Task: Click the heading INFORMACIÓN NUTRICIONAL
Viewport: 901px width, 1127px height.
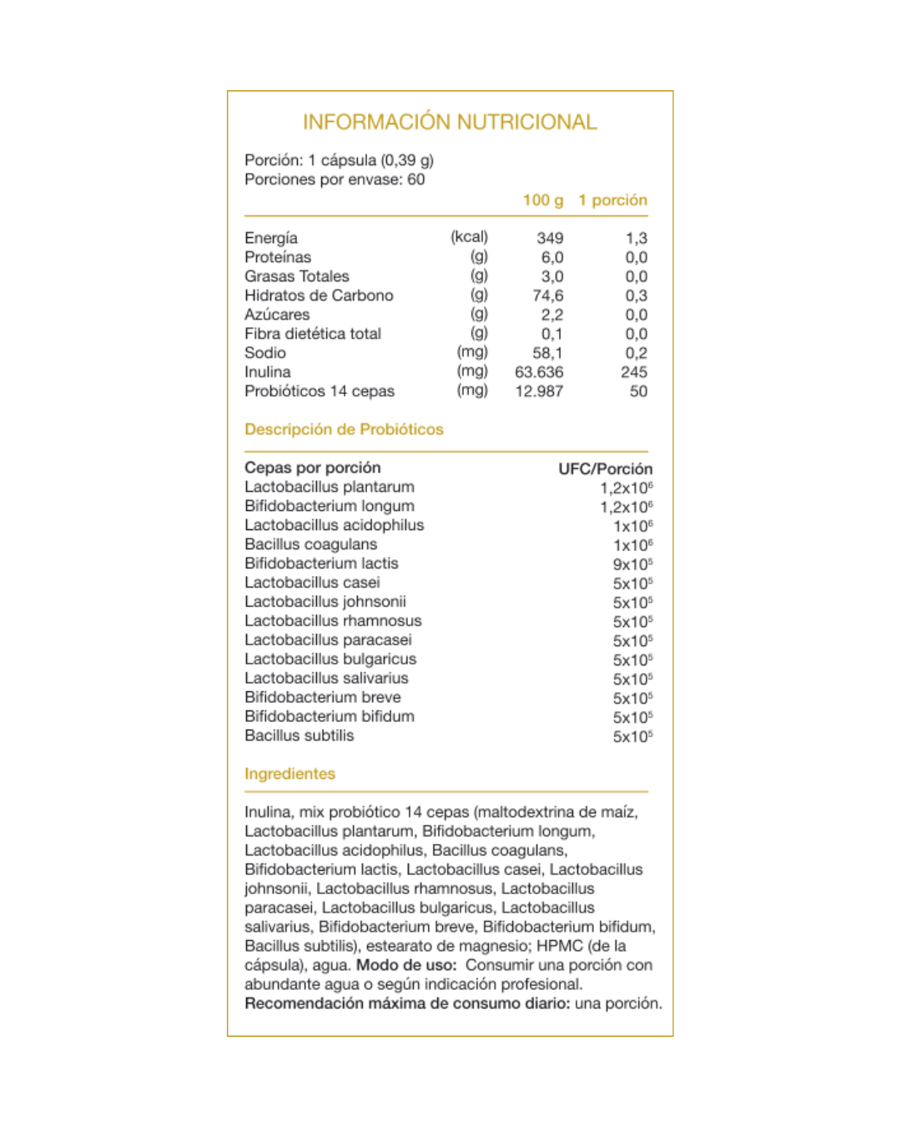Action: pos(450,123)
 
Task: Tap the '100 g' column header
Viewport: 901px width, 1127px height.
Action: pos(542,200)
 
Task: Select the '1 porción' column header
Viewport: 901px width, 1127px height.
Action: pos(612,200)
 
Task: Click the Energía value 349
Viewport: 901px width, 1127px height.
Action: pos(549,239)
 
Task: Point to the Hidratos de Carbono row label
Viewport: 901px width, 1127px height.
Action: pos(319,296)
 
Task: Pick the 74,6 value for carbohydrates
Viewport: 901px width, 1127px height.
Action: pos(547,296)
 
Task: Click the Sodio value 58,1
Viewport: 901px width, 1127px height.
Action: pos(547,353)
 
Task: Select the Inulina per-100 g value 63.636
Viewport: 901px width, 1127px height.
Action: pos(539,372)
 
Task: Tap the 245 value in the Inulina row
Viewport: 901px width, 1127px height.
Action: pos(633,372)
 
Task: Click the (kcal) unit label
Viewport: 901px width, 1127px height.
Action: pos(469,237)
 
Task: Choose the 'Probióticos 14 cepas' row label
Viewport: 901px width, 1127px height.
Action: pos(320,392)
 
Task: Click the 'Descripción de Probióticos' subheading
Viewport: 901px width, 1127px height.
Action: pos(344,430)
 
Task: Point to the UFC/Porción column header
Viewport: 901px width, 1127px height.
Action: pos(605,469)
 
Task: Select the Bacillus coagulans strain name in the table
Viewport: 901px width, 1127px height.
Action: pos(310,544)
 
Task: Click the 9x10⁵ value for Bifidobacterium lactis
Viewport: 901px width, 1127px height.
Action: pos(632,565)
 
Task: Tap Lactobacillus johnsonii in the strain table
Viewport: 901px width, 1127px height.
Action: pos(325,602)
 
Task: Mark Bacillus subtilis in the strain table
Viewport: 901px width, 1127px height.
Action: pos(299,735)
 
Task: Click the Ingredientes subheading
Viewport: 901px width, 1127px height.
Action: pos(289,774)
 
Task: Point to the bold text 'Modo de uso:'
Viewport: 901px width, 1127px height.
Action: pos(406,965)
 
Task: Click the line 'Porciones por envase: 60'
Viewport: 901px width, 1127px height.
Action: pos(335,179)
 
